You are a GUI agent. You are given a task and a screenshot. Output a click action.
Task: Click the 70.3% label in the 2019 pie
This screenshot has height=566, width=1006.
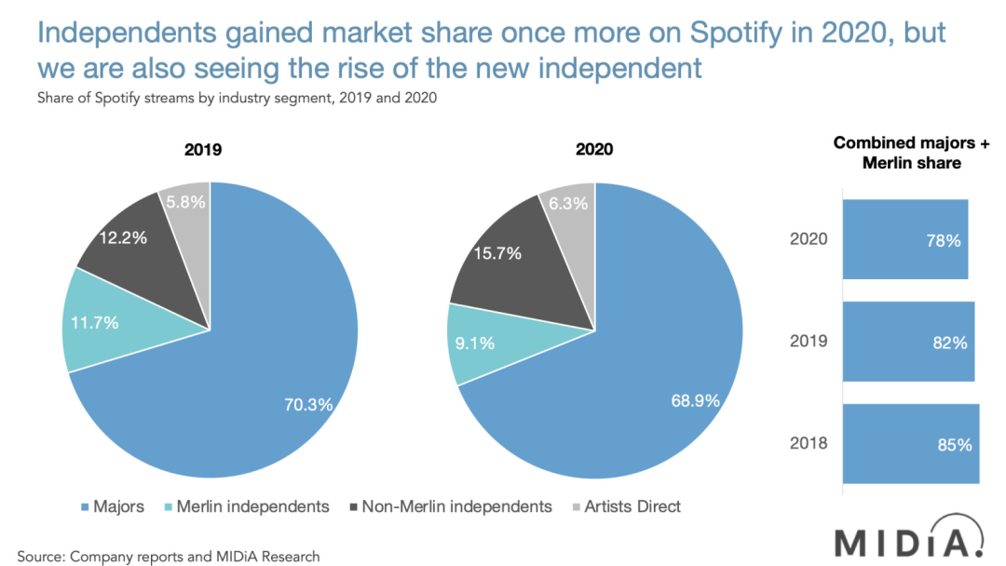308,404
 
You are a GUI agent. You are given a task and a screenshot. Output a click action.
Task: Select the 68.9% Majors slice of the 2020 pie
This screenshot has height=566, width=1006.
652,372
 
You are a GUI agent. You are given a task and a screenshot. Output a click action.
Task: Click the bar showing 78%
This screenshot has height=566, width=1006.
904,239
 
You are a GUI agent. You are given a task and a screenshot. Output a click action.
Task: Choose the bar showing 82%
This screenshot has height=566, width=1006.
908,342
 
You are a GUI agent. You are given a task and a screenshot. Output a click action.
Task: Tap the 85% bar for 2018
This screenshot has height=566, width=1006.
910,444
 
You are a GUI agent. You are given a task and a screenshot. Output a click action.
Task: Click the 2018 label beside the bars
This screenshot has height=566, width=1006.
808,444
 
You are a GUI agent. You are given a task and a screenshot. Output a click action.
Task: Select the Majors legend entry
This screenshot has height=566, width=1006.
112,506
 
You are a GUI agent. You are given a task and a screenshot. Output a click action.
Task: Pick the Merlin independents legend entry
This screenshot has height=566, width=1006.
246,506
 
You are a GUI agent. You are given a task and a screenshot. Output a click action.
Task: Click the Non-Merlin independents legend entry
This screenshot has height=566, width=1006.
450,506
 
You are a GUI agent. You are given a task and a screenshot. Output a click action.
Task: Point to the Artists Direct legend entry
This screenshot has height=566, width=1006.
626,506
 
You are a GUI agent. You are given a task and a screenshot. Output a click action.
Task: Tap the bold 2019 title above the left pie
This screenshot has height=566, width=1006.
203,149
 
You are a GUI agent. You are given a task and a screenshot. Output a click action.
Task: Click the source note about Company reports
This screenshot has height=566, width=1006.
168,557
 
